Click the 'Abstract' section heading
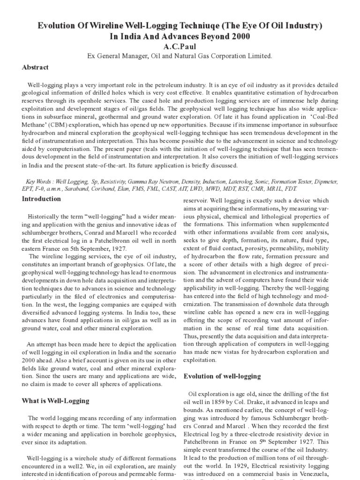coord(35,67)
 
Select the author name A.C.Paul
coord(180,47)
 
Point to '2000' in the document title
coord(237,37)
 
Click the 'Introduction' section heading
coord(41,199)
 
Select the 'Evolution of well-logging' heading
coord(222,376)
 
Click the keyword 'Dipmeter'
coord(324,181)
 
